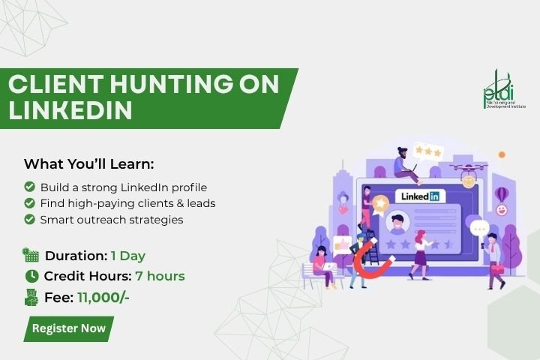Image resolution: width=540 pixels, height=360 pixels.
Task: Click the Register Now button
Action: point(68,328)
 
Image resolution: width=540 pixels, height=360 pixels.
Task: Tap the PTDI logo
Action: point(504,90)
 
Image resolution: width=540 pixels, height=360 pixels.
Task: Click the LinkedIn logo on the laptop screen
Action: point(420,196)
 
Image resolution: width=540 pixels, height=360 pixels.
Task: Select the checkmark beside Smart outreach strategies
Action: point(29,219)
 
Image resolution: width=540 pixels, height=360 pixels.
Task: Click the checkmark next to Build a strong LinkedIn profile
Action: point(29,187)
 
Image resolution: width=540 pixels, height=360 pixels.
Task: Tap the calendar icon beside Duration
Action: point(31,255)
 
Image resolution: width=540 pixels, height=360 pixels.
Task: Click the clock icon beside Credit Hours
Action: point(31,276)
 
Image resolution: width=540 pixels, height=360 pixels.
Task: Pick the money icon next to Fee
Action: point(31,297)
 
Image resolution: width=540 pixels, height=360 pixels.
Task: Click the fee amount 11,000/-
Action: point(103,298)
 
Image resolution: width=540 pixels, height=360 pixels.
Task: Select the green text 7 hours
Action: point(160,276)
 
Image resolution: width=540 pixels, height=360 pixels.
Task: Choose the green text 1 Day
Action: point(128,256)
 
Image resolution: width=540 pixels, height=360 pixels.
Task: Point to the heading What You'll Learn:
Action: point(88,164)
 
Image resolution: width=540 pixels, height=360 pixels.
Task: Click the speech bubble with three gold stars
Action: point(428,151)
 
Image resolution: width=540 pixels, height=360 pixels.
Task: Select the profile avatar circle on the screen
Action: point(397,223)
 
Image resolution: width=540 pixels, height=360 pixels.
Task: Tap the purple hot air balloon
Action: point(501,195)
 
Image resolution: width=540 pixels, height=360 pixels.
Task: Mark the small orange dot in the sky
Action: point(502,154)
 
